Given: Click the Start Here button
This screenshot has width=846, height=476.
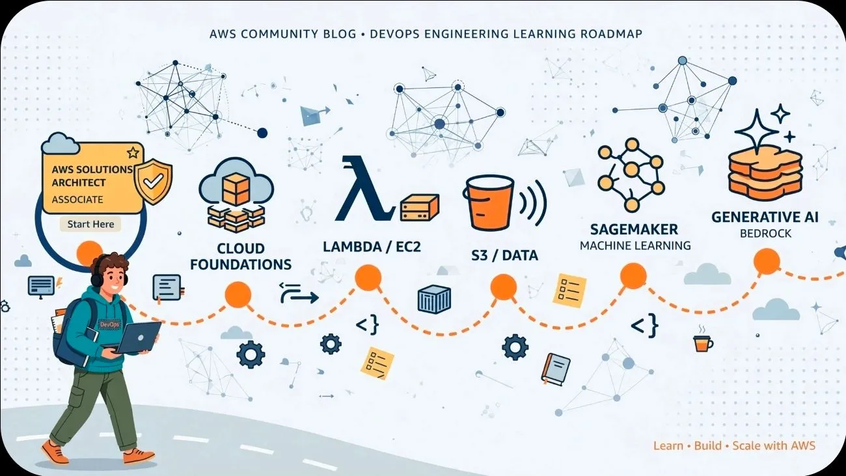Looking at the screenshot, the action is coord(90,224).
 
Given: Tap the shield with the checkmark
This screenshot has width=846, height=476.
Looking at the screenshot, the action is coord(154,182).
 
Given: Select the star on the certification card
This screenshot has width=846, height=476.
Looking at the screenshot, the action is coord(133,152).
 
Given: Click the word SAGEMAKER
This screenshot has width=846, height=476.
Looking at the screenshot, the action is coord(634,229).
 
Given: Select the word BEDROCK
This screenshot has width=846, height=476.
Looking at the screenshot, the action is coord(765,234).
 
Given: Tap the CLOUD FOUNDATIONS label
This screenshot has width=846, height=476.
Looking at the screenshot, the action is coord(241,256).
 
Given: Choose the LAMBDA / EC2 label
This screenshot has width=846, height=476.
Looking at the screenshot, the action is coord(372,247).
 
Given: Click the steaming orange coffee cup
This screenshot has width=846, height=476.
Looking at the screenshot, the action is coord(703,339).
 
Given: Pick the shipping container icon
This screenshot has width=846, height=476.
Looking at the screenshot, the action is coord(434,299).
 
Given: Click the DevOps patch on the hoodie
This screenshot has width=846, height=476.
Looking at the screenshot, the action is coord(109,324).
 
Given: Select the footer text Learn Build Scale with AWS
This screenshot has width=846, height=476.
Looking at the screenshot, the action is coord(735,446).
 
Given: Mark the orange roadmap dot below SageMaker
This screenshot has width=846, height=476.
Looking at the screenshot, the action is coord(633,276).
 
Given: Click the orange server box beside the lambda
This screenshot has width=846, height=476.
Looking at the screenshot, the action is coord(420,208).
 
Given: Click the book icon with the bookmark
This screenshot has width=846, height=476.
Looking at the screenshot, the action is coord(556,369).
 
